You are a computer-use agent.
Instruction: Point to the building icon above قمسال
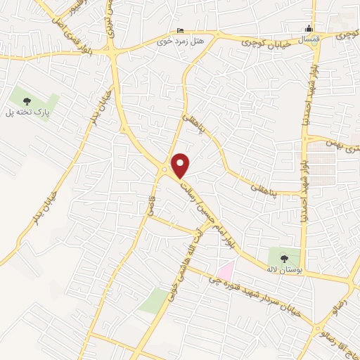[x=308, y=30]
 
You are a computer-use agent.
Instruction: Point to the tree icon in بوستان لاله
[x=284, y=257]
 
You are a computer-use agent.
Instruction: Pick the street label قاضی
[x=150, y=205]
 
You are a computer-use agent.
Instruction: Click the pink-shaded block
[x=225, y=269]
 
